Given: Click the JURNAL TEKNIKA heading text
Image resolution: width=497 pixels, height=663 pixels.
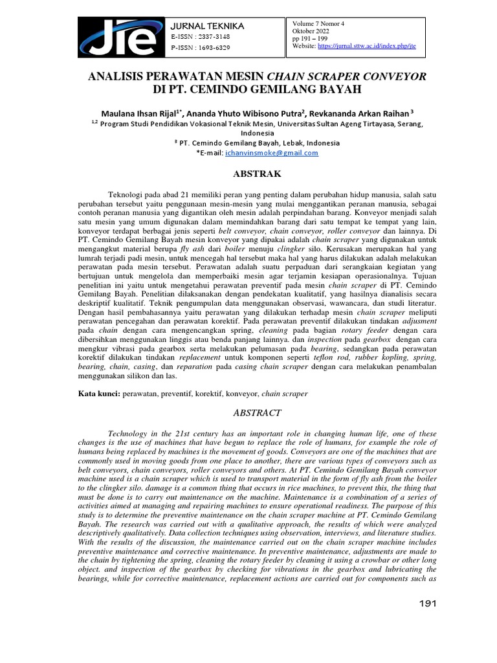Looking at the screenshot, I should (x=206, y=25).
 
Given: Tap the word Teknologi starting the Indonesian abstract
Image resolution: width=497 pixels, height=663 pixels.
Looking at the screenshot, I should (x=127, y=194).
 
